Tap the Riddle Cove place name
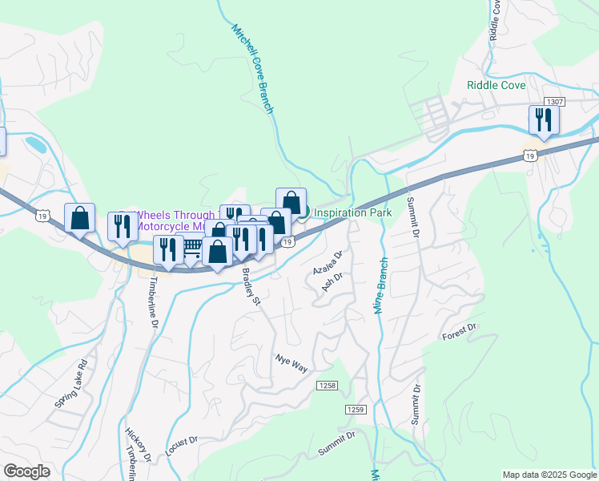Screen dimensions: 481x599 click(496, 85)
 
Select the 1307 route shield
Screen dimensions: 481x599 click(554, 102)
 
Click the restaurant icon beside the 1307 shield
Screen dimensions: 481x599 click(544, 120)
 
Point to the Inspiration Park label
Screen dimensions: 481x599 click(352, 213)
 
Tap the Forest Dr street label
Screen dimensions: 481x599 click(459, 332)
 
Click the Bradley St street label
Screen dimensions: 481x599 click(251, 286)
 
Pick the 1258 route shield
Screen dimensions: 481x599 click(326, 386)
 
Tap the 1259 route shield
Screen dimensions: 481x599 click(356, 410)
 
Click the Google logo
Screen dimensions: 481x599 click(26, 471)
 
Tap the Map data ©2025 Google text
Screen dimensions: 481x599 click(549, 475)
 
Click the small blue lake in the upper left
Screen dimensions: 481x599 click(36, 144)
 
